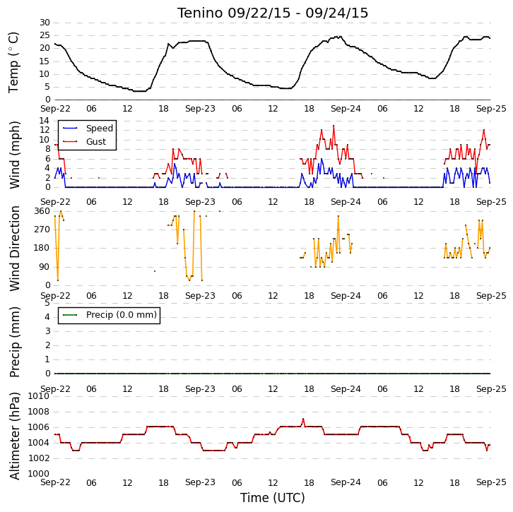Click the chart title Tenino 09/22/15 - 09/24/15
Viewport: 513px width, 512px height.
tap(273, 13)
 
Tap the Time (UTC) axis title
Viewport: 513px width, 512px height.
tap(273, 498)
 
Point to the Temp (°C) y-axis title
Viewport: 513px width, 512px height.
tap(13, 62)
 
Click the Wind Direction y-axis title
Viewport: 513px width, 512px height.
tap(14, 249)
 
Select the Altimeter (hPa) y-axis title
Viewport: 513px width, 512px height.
tap(14, 436)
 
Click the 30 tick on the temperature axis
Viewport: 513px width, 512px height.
tap(45, 23)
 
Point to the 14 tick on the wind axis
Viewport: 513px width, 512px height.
tap(45, 121)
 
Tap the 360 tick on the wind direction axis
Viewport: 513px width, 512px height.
tap(42, 211)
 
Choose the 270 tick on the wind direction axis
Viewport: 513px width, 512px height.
tap(42, 230)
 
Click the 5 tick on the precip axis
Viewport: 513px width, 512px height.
tap(47, 303)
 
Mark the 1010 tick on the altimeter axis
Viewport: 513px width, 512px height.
tap(39, 396)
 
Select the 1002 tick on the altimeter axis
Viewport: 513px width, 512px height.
tap(39, 458)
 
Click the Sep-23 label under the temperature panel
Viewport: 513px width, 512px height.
tap(200, 109)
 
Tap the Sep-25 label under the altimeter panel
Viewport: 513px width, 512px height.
tap(491, 482)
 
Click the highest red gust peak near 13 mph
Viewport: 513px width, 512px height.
tap(334, 126)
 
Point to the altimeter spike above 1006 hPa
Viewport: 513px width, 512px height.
tap(303, 419)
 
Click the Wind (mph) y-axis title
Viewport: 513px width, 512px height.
tap(14, 155)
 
